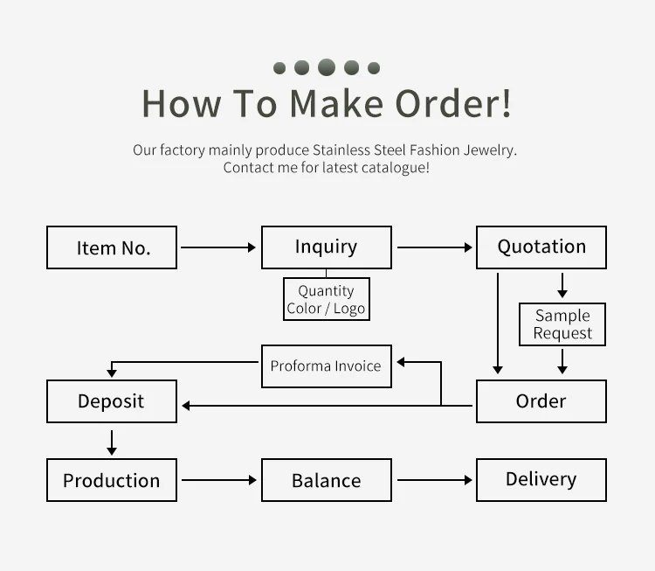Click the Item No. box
(x=112, y=247)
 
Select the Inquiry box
(x=327, y=247)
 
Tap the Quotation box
(x=541, y=247)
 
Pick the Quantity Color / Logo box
(x=327, y=300)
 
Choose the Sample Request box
(x=562, y=324)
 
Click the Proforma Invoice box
(x=327, y=366)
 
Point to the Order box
(x=541, y=401)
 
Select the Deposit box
(x=112, y=401)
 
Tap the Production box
(x=112, y=480)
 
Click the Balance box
(x=327, y=480)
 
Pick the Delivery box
(x=541, y=480)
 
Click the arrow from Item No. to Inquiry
(x=218, y=247)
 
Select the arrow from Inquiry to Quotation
(x=434, y=247)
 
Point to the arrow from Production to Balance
(x=218, y=480)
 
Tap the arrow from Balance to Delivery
(x=434, y=480)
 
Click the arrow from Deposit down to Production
(x=112, y=442)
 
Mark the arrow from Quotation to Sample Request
(x=562, y=285)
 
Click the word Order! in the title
(x=453, y=103)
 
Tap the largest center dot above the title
(x=327, y=67)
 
